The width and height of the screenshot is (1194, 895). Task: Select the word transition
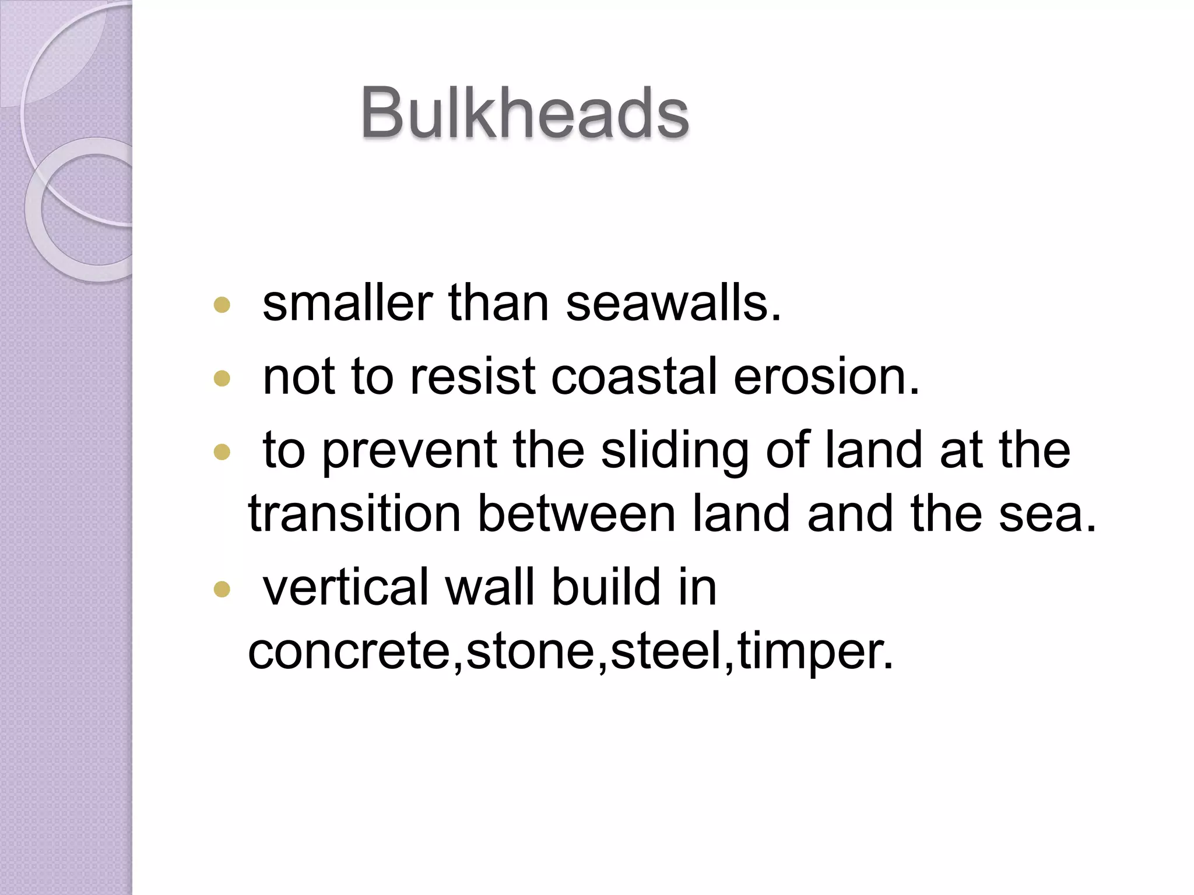[354, 514]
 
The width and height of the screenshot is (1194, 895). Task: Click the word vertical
[346, 587]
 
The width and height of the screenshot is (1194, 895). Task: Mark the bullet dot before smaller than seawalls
[222, 305]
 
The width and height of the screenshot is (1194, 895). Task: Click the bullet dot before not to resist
[222, 379]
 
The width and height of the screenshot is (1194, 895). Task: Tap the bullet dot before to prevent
[222, 452]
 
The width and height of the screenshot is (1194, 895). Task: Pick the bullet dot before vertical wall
[222, 590]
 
